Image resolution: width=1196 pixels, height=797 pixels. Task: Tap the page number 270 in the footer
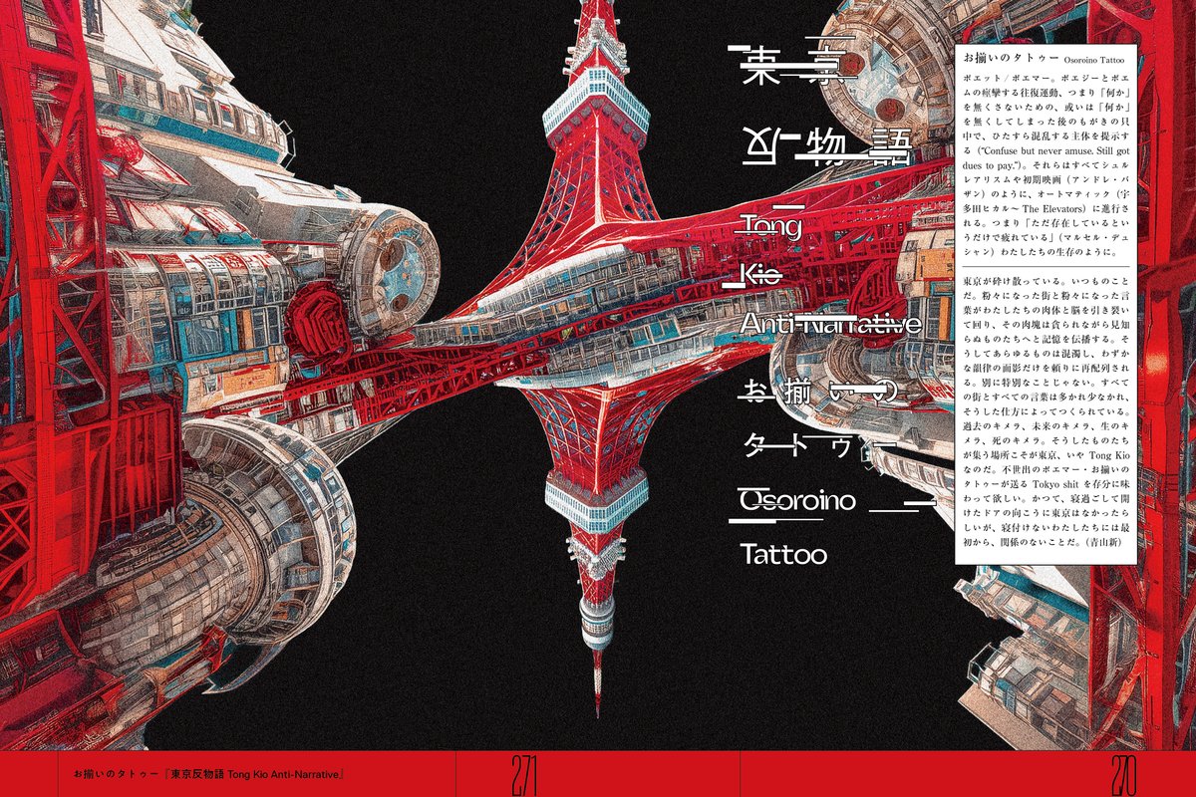(1122, 773)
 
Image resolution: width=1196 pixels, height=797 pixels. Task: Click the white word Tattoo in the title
(783, 554)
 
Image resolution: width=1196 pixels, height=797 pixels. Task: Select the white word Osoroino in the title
(797, 500)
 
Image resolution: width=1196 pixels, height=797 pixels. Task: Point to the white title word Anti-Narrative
(829, 323)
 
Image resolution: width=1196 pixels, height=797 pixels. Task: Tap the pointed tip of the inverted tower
(598, 713)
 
